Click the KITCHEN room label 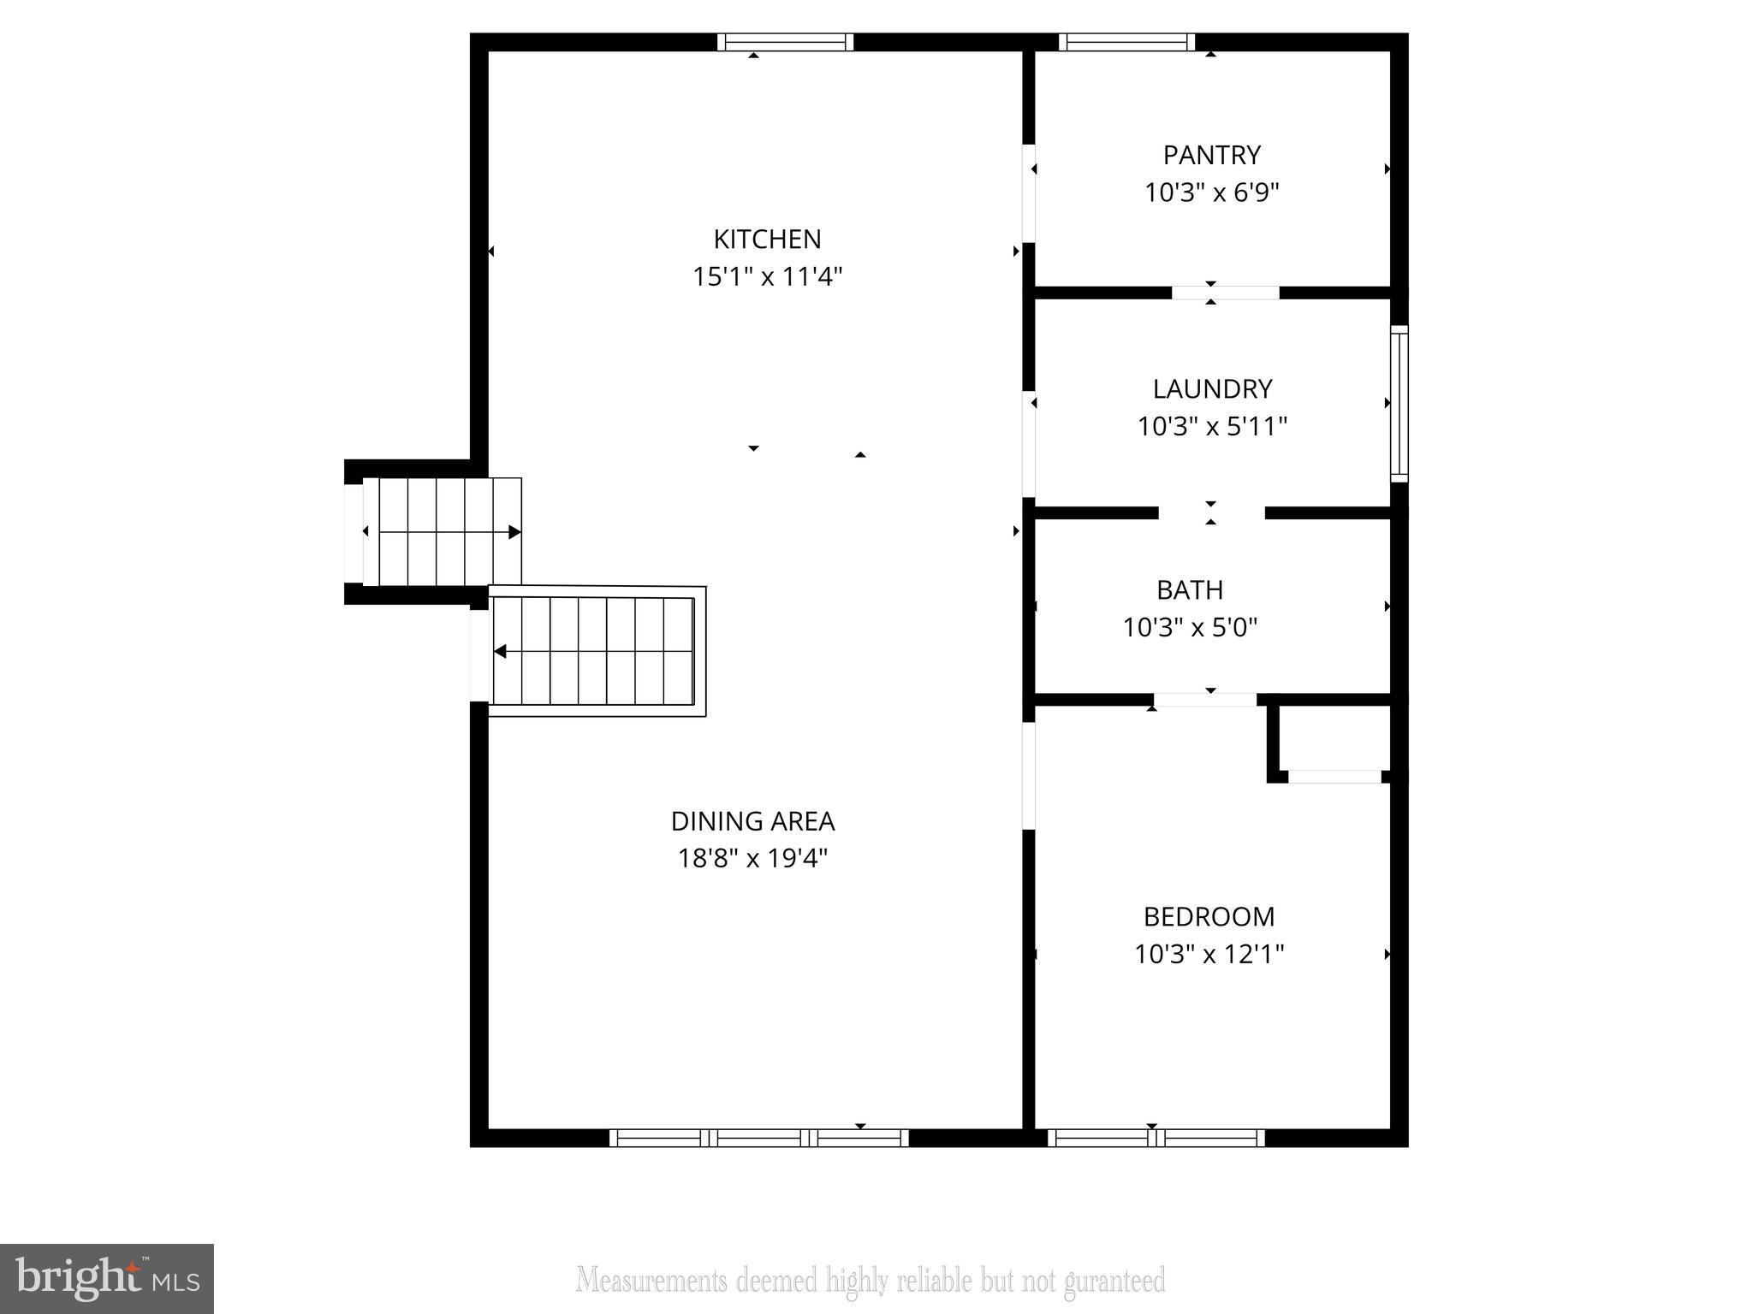(x=767, y=239)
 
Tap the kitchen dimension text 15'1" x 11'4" (x=767, y=277)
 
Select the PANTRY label (x=1211, y=155)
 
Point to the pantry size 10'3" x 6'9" (x=1211, y=192)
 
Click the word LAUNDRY (x=1212, y=389)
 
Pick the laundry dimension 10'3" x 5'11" (x=1212, y=426)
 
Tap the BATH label (x=1189, y=589)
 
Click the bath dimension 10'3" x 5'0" (x=1189, y=628)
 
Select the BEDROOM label (x=1209, y=916)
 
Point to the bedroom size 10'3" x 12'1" (x=1209, y=954)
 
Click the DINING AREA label (x=752, y=821)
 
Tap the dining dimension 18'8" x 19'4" (x=752, y=858)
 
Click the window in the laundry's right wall (x=1399, y=403)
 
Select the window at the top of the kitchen (x=785, y=42)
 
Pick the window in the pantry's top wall (x=1126, y=42)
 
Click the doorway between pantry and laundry (x=1225, y=293)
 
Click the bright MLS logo (x=106, y=1278)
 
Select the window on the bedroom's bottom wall (x=1156, y=1138)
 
